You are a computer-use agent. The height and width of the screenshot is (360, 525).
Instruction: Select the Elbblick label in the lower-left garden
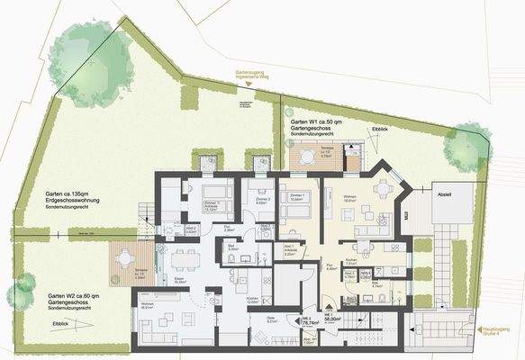tap(61, 322)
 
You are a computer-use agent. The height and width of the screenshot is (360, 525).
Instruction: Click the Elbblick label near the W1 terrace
tap(381, 131)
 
